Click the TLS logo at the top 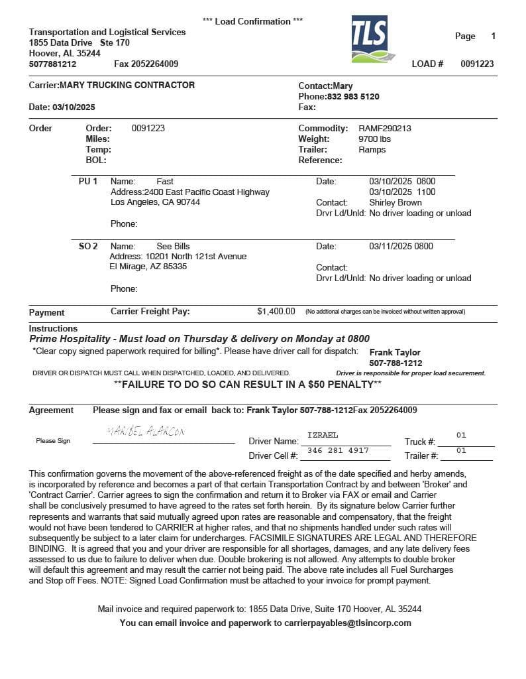[370, 40]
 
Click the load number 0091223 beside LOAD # [477, 64]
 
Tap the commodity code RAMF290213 [385, 128]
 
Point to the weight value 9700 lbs [375, 139]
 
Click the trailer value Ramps [372, 149]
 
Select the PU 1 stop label [88, 181]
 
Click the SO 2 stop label [88, 246]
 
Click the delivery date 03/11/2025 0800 [401, 246]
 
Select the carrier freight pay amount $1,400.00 [276, 311]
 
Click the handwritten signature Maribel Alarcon [146, 432]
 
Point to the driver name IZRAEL [323, 435]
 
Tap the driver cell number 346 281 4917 [339, 450]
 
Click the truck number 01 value [461, 435]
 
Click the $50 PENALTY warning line [248, 384]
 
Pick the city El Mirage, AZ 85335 [148, 267]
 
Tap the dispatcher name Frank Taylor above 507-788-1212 [395, 352]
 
